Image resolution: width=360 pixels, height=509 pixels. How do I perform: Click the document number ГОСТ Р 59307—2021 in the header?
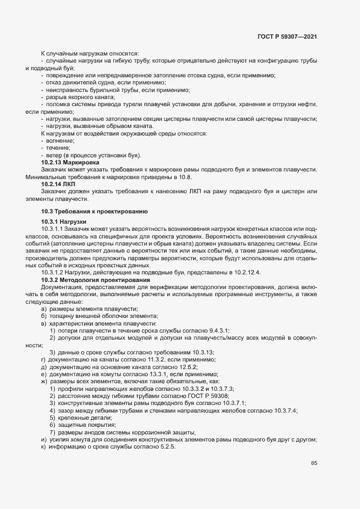pyautogui.click(x=286, y=36)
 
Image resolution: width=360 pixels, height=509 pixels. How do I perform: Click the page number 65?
pyautogui.click(x=314, y=463)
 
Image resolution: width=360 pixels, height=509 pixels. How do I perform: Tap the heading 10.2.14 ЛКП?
pyautogui.click(x=58, y=185)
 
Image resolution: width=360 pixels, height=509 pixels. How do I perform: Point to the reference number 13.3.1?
pyautogui.click(x=154, y=375)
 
